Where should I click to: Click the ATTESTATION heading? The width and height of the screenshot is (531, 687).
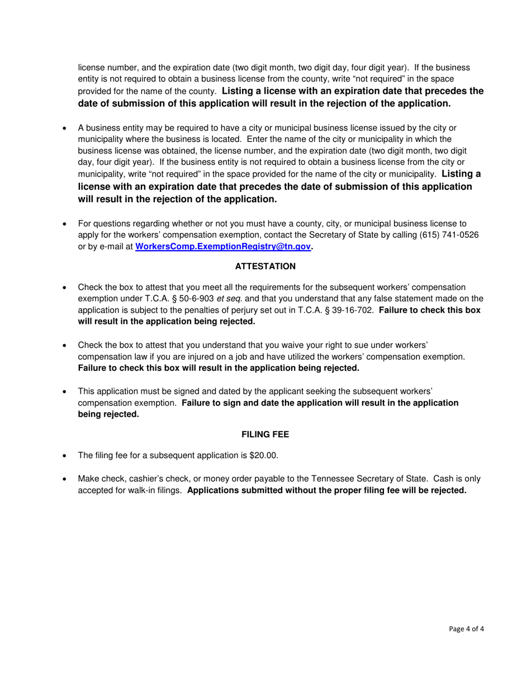tap(265, 266)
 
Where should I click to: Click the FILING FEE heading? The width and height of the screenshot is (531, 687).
tap(265, 434)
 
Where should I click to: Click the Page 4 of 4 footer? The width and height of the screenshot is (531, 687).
tap(466, 629)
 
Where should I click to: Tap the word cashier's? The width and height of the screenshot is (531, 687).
tap(151, 479)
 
